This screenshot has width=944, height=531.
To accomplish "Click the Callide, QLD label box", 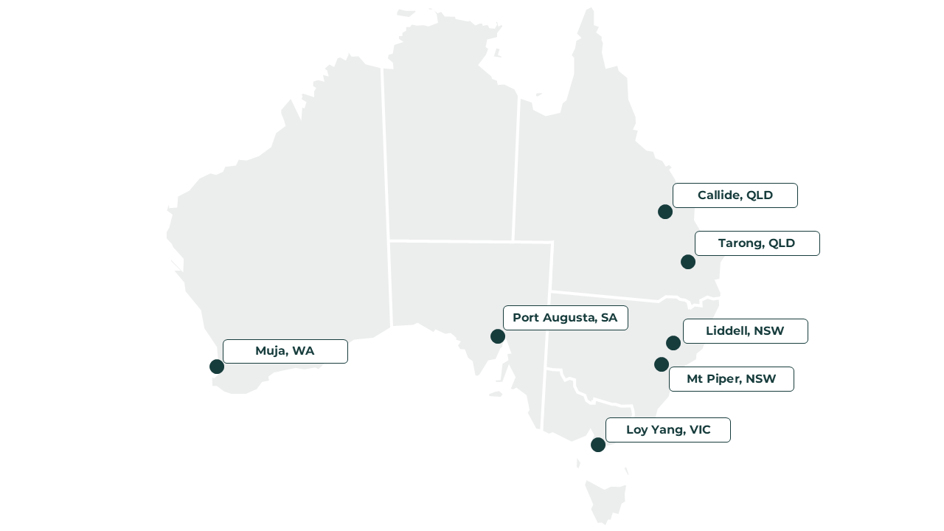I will (x=735, y=195).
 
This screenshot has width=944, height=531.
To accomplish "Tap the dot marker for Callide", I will (x=665, y=212).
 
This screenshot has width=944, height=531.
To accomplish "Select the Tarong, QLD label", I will (x=757, y=243).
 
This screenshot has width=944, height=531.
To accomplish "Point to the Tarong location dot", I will (x=688, y=262).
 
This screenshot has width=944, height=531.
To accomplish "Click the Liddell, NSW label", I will (x=745, y=331).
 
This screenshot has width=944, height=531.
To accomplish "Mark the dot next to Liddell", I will (x=673, y=343).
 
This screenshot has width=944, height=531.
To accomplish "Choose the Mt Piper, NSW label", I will (x=731, y=379).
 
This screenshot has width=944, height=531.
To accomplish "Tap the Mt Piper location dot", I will (x=662, y=364).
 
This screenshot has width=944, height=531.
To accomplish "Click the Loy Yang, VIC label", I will (x=667, y=430).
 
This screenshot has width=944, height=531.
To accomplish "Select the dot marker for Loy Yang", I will (x=598, y=445).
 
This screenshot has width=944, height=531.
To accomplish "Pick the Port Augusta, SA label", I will (x=565, y=318).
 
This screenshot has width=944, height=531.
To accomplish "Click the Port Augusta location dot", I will (x=498, y=336).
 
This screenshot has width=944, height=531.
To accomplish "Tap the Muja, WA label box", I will (x=285, y=351).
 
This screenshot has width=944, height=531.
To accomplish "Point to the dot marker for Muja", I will (x=217, y=367).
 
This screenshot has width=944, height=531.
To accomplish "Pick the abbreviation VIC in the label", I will (x=699, y=430).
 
